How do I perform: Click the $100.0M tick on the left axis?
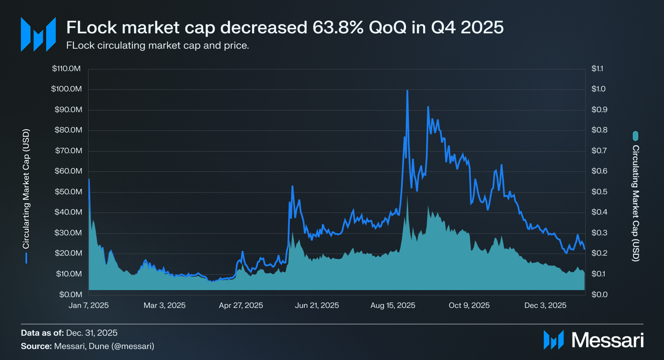[66, 89]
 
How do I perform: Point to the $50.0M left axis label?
[68, 192]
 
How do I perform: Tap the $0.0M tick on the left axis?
[71, 294]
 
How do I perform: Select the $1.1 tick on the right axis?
[597, 68]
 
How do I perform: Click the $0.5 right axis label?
[599, 192]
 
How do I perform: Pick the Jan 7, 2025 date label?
[89, 305]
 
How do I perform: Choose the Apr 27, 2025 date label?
[241, 305]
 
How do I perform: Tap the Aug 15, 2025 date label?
[393, 305]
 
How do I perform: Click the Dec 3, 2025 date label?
[545, 305]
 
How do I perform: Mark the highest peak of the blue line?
[407, 90]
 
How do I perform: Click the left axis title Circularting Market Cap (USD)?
[26, 189]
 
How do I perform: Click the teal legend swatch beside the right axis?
[635, 136]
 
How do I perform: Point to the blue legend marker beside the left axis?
[26, 258]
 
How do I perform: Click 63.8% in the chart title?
[338, 28]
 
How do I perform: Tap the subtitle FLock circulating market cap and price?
[157, 46]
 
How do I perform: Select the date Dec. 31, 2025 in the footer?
[92, 333]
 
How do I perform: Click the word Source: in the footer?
[36, 346]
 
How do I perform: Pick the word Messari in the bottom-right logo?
[607, 340]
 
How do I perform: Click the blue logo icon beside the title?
[38, 34]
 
